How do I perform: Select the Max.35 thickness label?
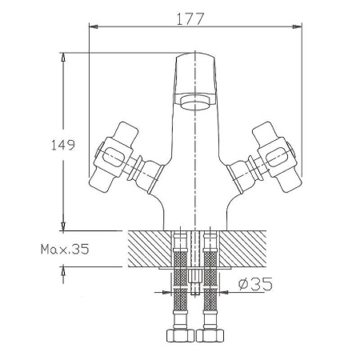coord(65,249)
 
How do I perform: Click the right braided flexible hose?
coord(210,280)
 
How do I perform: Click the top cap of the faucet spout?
coord(195,60)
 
